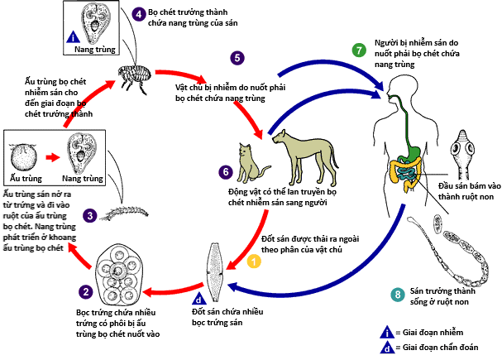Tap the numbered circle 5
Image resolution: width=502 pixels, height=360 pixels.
(237, 58)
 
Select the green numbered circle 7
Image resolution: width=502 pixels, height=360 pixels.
(357, 48)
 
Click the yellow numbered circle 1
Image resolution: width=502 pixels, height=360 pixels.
(255, 261)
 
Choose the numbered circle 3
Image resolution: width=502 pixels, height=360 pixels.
(90, 214)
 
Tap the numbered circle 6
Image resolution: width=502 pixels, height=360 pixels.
(225, 172)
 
